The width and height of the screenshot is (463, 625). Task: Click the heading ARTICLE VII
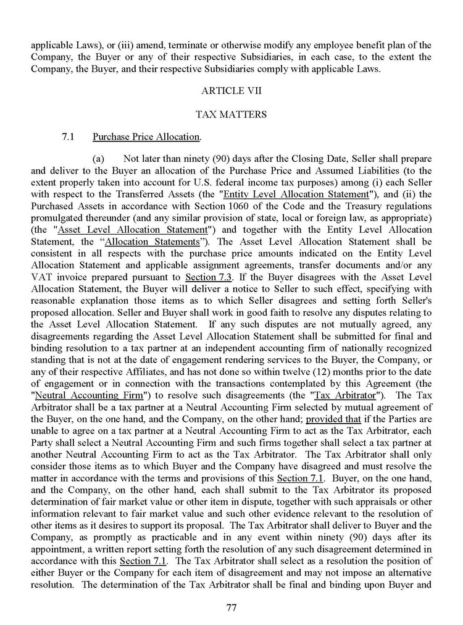[231, 91]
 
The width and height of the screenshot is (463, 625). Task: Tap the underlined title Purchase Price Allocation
[146, 136]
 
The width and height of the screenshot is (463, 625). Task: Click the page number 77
[231, 607]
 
